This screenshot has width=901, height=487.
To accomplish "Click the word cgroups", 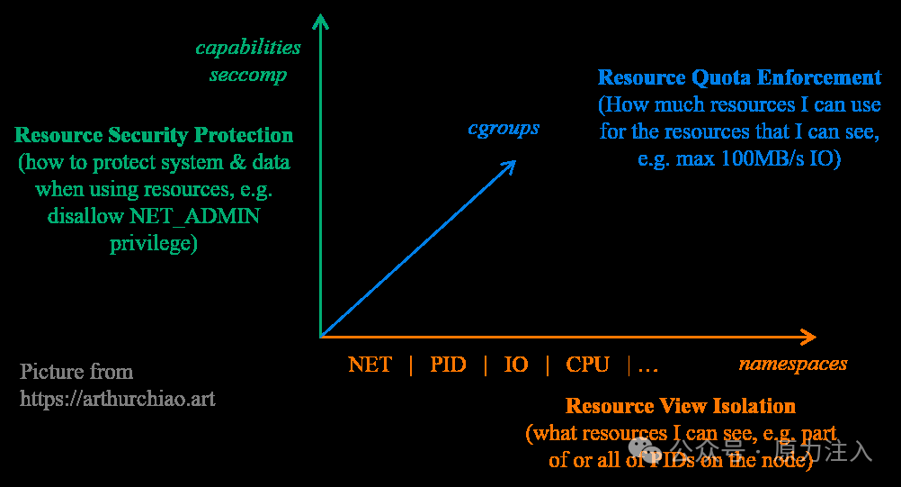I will [x=504, y=128].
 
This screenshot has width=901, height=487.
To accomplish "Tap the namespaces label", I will [x=793, y=364].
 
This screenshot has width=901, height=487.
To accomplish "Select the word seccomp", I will [x=248, y=74].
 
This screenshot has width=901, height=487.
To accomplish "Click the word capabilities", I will [x=248, y=47].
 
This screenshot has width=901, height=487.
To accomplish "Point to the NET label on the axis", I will [x=370, y=365].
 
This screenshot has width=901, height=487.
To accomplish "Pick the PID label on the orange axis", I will [x=448, y=365].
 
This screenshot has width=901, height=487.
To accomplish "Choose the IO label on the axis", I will [x=516, y=365].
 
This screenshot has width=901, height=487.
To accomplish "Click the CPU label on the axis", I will [x=587, y=365].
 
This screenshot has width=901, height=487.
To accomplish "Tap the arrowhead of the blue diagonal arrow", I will [x=510, y=165].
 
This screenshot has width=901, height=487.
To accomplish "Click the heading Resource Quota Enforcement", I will [x=739, y=77].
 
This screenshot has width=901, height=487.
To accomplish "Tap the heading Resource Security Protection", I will [x=154, y=136].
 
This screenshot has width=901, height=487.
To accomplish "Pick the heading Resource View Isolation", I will [x=681, y=406].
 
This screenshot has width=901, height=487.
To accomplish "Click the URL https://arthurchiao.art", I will [x=118, y=398].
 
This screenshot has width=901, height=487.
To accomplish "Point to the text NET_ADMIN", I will [x=194, y=217].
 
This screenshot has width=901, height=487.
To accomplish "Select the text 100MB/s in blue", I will [x=770, y=158].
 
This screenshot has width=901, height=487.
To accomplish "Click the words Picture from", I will [x=76, y=372].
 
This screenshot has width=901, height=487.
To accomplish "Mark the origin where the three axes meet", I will [x=320, y=337].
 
